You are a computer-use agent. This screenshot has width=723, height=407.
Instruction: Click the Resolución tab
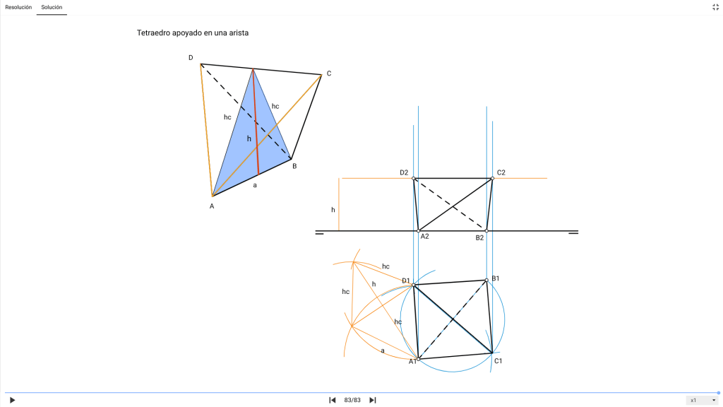(18, 7)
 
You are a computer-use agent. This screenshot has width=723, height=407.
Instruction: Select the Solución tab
(52, 7)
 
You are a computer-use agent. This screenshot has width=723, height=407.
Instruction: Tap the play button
(13, 400)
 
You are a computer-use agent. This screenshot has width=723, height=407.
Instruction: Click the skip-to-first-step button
(332, 400)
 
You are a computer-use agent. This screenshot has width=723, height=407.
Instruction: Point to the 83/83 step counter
(352, 400)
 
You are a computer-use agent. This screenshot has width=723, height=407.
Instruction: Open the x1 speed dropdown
(703, 400)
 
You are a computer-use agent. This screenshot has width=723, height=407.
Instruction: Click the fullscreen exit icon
(715, 7)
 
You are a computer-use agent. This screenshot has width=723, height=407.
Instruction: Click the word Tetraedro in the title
(153, 33)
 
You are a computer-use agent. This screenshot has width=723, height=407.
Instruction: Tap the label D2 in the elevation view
(404, 172)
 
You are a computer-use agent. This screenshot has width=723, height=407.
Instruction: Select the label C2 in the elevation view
(501, 172)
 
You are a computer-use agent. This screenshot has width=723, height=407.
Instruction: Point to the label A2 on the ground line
(424, 236)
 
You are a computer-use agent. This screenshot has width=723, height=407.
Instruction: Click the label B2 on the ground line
(479, 237)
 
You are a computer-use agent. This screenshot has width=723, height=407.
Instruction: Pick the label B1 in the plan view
(495, 278)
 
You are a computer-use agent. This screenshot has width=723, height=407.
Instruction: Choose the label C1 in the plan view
(498, 361)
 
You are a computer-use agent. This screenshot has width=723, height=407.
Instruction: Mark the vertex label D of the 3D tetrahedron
(191, 58)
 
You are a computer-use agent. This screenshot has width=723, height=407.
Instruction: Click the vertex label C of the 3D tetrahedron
(329, 73)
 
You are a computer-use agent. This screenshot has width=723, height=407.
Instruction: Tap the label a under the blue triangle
(254, 186)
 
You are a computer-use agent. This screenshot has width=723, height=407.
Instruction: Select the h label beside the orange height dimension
(333, 210)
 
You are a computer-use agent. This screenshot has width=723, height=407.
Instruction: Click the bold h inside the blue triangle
(249, 138)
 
